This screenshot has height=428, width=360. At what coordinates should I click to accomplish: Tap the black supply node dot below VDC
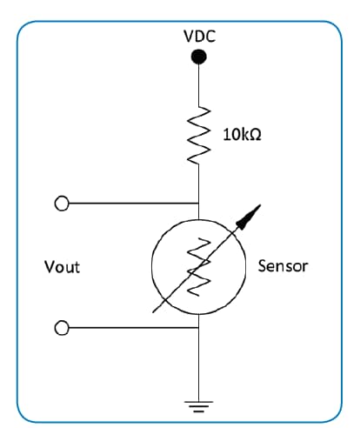[199, 57]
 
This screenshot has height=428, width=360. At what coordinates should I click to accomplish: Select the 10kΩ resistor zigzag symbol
[200, 135]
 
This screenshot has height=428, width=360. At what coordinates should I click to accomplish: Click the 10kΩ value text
[243, 136]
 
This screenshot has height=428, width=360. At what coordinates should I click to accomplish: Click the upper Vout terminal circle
[61, 204]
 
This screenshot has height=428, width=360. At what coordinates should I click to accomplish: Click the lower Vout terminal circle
[61, 328]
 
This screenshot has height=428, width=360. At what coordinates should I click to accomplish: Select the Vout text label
[62, 266]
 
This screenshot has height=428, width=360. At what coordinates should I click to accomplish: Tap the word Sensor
[283, 265]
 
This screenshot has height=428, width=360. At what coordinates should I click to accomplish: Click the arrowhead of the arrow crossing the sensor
[255, 211]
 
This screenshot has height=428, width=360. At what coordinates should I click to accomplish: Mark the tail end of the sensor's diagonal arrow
[153, 311]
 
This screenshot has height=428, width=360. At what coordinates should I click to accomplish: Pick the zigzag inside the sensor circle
[200, 265]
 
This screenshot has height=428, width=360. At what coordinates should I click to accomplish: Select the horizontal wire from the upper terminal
[130, 204]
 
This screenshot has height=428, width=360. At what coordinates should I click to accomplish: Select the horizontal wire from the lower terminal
[130, 328]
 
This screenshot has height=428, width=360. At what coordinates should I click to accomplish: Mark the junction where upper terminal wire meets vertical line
[200, 204]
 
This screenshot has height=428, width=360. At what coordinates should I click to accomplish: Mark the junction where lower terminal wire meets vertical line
[200, 328]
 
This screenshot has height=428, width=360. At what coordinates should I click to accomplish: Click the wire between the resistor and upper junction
[200, 183]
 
